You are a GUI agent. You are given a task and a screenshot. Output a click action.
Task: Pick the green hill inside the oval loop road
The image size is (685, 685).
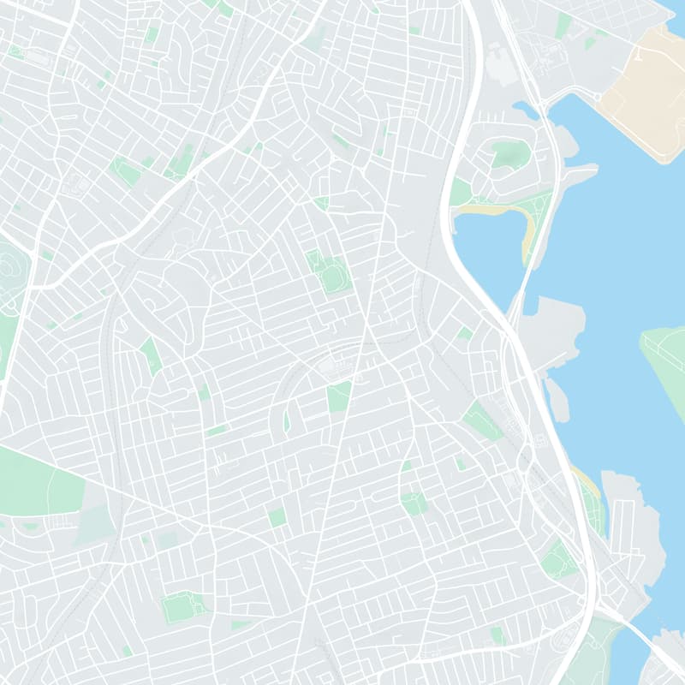[507, 155]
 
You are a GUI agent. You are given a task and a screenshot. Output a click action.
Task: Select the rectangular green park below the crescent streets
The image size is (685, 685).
[338, 396]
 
